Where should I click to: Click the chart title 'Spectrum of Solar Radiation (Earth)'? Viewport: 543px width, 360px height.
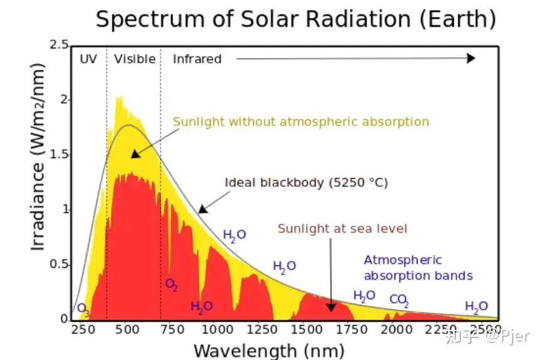coord(296,19)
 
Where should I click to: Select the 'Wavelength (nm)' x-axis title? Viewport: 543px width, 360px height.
coord(269,351)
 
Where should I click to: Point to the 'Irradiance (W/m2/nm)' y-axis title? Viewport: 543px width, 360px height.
coord(37,157)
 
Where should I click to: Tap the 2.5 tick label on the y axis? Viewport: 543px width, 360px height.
coord(59,45)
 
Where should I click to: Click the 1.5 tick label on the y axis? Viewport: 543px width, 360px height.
coord(59,154)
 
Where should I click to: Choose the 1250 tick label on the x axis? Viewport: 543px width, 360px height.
coord(262,329)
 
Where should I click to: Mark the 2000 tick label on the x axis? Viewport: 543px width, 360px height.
coord(396,329)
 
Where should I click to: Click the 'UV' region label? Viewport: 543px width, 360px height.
coord(88,59)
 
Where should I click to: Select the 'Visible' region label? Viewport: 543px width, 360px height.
coord(135,59)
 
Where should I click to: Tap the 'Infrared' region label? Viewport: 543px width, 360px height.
coord(197,59)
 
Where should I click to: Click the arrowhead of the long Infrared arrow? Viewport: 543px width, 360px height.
coord(471,58)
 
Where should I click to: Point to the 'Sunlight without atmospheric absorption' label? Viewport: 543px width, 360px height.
coord(301,122)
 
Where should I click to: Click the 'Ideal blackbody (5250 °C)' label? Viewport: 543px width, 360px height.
coord(306,183)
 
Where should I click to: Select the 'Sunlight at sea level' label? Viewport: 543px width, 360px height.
coord(342,229)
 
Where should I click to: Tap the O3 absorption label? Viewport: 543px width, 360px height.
coord(83,309)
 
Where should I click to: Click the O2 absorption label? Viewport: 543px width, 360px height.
coord(172,285)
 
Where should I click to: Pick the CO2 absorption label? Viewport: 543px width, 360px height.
coord(399,300)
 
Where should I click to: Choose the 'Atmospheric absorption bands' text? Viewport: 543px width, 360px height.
coord(418,268)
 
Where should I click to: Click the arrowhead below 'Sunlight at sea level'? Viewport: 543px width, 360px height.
coord(331,307)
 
